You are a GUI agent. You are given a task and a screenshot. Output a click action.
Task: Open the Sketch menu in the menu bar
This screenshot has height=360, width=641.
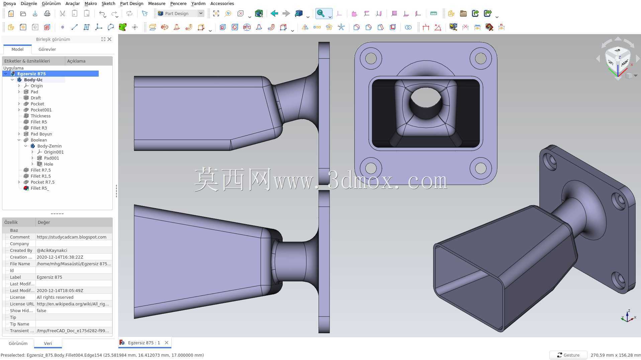(x=108, y=4)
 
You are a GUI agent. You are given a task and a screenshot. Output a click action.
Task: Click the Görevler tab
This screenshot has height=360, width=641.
(x=47, y=49)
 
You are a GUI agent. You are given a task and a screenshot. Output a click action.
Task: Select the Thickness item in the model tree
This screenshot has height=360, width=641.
(x=40, y=116)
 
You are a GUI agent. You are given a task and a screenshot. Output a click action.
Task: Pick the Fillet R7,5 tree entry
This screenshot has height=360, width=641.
(x=40, y=170)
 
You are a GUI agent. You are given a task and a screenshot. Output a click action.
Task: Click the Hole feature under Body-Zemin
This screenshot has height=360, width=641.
(x=49, y=164)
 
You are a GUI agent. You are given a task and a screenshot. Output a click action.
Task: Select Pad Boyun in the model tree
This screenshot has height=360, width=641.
(x=41, y=134)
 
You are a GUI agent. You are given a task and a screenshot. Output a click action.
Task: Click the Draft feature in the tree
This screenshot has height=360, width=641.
(x=36, y=98)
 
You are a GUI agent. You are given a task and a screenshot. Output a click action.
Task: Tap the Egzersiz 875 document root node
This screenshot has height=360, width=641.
(x=31, y=74)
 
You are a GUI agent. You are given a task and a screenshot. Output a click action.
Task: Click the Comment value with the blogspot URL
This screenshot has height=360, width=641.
(x=72, y=237)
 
